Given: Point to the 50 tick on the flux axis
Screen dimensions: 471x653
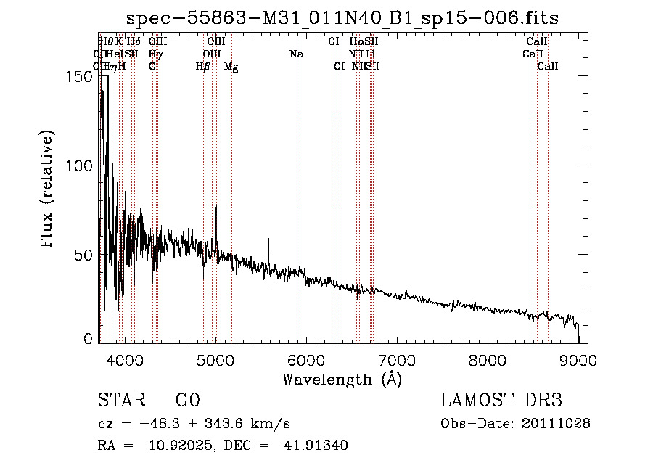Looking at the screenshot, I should coord(85,254).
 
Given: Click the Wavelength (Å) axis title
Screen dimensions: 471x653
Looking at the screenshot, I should coord(342,379).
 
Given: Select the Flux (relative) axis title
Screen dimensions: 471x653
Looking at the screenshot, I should coord(49,191).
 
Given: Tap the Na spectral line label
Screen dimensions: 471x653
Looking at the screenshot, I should coord(296,54).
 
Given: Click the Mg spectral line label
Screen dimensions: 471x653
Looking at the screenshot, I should coord(231,66).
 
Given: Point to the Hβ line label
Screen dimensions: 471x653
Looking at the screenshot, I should coord(203,66).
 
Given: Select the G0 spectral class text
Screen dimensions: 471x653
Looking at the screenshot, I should coord(187,401).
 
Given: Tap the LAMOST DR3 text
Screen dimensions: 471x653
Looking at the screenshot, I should coord(501,401).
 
